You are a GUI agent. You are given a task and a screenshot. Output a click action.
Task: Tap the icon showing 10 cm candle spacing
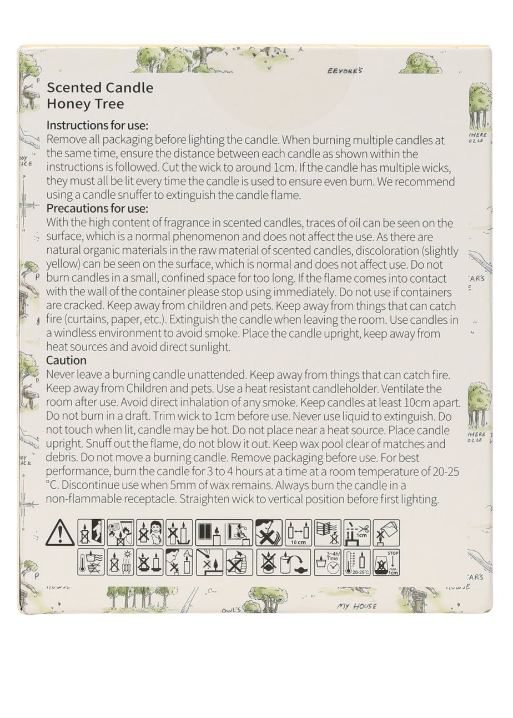tap(298, 533)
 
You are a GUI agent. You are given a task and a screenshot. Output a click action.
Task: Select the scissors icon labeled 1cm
tap(357, 533)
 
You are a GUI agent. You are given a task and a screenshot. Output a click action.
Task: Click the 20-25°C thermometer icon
tap(357, 562)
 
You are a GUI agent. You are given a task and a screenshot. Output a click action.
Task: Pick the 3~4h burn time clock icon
tap(328, 562)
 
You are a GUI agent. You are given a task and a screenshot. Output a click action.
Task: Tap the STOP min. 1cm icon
tap(386, 562)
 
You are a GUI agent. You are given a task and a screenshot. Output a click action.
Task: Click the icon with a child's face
tap(150, 533)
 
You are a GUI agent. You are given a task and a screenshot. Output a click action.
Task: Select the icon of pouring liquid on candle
tap(386, 533)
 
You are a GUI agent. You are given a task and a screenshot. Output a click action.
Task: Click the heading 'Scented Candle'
tap(100, 88)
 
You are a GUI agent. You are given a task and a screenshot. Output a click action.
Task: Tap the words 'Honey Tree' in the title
tap(85, 103)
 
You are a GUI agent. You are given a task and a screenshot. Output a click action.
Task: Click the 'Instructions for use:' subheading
tap(98, 125)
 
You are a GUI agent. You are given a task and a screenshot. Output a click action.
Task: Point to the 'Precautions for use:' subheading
tap(98, 209)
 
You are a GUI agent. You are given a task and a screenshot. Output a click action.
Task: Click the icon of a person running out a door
tap(90, 533)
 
